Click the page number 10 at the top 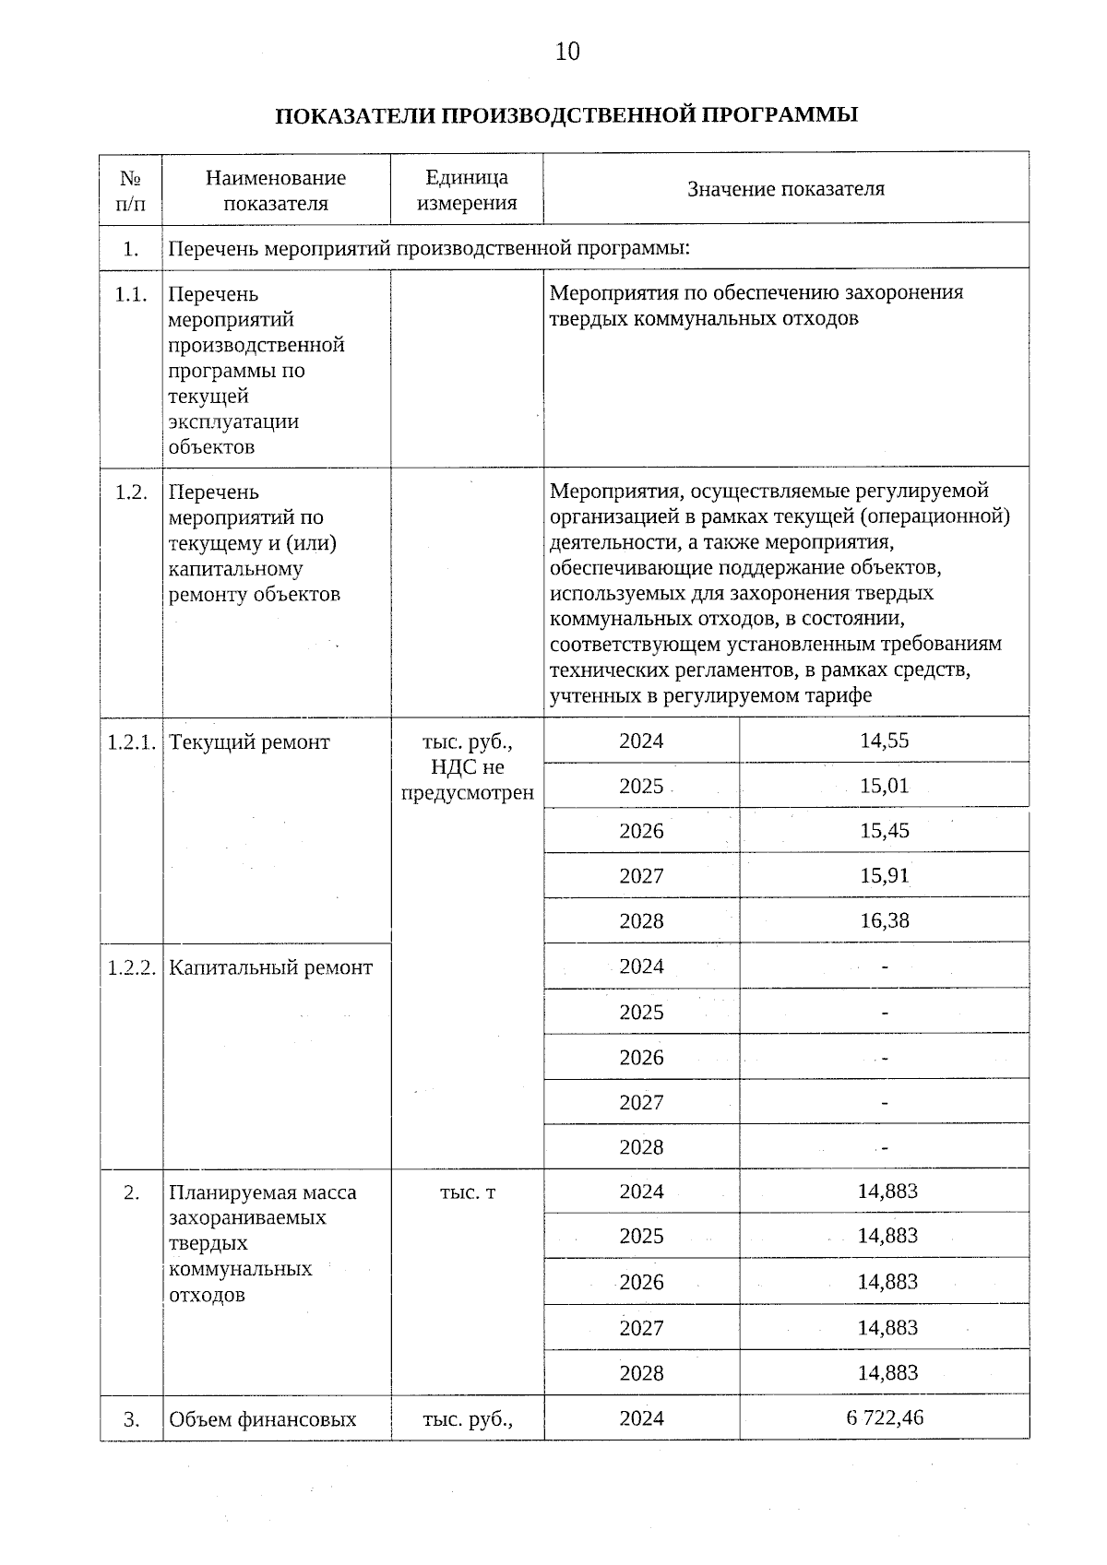click(x=567, y=52)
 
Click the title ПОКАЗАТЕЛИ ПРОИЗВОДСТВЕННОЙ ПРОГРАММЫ click(x=566, y=115)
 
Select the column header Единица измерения click(x=467, y=190)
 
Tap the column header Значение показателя click(x=785, y=189)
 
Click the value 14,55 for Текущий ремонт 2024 click(x=884, y=741)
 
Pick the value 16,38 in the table click(x=884, y=920)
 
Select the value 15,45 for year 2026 click(x=884, y=831)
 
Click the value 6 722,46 click(x=884, y=1417)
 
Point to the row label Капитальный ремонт click(x=271, y=967)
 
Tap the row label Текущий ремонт click(x=249, y=742)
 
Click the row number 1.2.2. click(x=131, y=967)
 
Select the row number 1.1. click(x=131, y=294)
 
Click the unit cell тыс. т click(x=467, y=1192)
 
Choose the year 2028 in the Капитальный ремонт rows click(x=641, y=1147)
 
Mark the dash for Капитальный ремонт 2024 click(x=885, y=967)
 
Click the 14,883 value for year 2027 click(x=887, y=1328)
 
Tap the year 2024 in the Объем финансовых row click(x=641, y=1418)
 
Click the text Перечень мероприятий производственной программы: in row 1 click(x=430, y=248)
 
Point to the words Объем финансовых click(x=262, y=1419)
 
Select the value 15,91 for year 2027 click(x=884, y=876)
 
